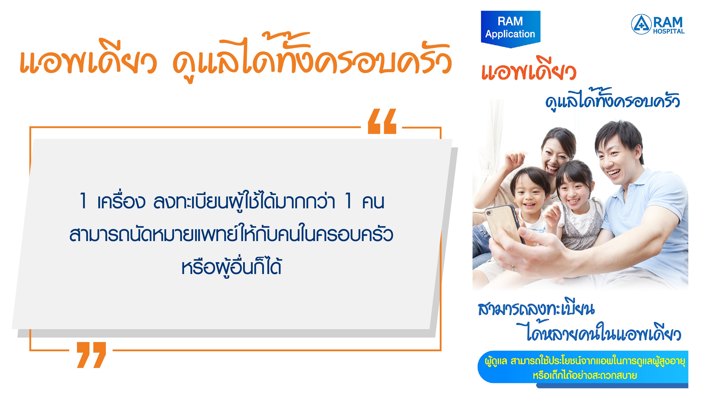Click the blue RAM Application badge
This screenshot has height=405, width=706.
point(510,29)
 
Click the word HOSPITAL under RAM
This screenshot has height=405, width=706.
point(668,31)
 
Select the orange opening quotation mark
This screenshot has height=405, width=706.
point(382,121)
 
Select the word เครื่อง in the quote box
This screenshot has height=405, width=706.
point(121,201)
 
